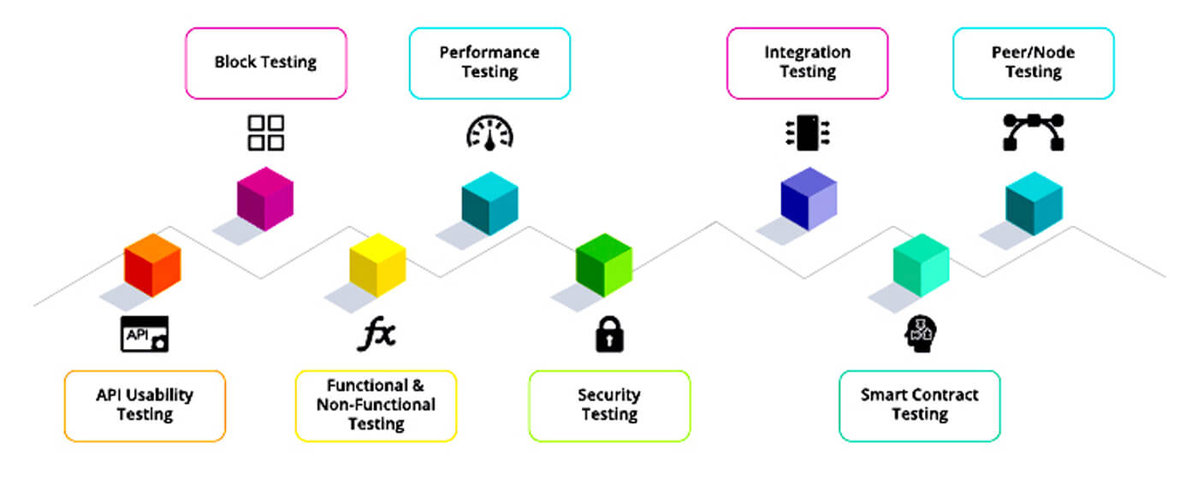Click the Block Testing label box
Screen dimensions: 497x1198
pyautogui.click(x=265, y=62)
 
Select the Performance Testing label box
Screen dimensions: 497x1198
pyautogui.click(x=489, y=62)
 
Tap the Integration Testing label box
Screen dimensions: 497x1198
pyautogui.click(x=808, y=62)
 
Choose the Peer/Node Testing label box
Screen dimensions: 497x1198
pyautogui.click(x=1034, y=62)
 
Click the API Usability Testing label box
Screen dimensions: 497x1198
pyautogui.click(x=145, y=405)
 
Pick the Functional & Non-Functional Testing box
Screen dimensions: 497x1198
pyautogui.click(x=376, y=405)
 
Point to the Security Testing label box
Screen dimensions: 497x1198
pyautogui.click(x=609, y=405)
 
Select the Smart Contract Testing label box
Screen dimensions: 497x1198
pyautogui.click(x=919, y=405)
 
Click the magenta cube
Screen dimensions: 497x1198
pyautogui.click(x=265, y=198)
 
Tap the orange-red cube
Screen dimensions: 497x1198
pyautogui.click(x=152, y=264)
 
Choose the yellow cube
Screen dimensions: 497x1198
pyautogui.click(x=377, y=265)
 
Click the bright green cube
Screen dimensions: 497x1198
pyautogui.click(x=603, y=265)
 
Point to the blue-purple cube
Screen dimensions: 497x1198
pyautogui.click(x=809, y=198)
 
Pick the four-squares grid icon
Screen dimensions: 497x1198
pyautogui.click(x=265, y=133)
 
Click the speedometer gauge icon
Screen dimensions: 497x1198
pyautogui.click(x=489, y=133)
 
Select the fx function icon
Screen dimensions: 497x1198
pyautogui.click(x=377, y=334)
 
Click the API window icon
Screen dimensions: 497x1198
pyautogui.click(x=144, y=334)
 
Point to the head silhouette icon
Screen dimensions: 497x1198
pyautogui.click(x=921, y=334)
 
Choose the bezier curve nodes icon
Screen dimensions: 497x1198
pyautogui.click(x=1034, y=133)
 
